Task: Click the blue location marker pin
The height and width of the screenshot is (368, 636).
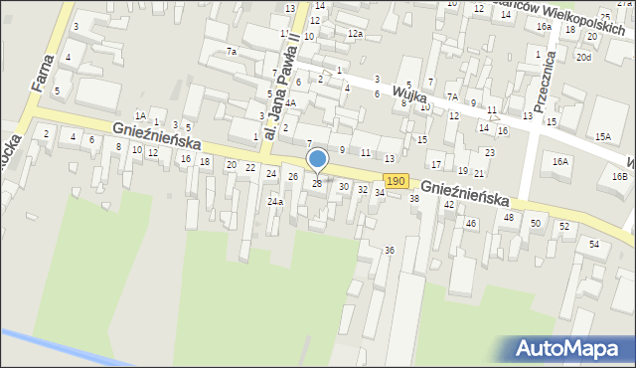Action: (x=317, y=159)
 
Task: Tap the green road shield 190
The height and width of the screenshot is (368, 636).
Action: (x=396, y=181)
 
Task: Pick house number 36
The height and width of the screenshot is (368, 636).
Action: (x=390, y=250)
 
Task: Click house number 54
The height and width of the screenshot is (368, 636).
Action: (x=594, y=244)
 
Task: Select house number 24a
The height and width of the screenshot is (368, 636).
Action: (x=274, y=202)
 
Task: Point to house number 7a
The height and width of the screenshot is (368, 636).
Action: (x=232, y=51)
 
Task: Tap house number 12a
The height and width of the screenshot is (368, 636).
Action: (x=355, y=34)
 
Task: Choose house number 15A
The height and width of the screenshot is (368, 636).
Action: (x=602, y=135)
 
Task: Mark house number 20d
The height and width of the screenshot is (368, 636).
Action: (x=583, y=58)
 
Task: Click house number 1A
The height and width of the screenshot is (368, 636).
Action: (x=141, y=116)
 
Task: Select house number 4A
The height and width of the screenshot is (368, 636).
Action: (x=290, y=102)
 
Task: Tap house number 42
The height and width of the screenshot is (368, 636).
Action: (x=449, y=204)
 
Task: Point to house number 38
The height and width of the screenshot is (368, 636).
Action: (x=414, y=199)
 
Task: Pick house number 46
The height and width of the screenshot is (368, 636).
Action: (x=471, y=223)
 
